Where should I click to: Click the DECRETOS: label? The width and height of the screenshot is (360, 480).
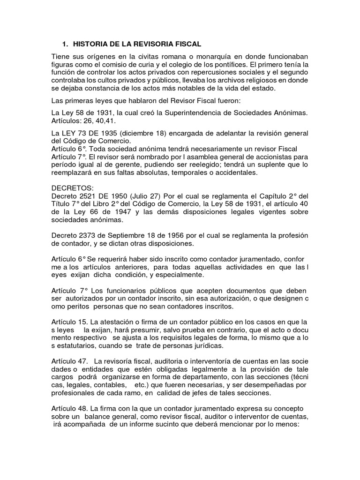pyautogui.click(x=73, y=187)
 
